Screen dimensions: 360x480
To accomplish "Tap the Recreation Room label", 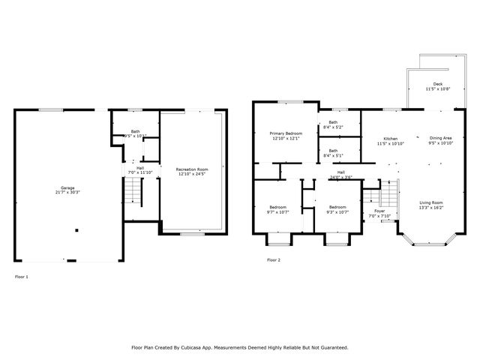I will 191,169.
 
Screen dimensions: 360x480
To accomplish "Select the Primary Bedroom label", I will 286,133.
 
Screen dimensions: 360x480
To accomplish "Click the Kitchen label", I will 391,139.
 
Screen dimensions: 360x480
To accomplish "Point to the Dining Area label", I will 440,138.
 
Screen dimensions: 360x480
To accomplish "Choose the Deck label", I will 436,84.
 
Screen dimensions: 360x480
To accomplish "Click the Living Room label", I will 430,202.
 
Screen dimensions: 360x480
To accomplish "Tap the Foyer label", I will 379,211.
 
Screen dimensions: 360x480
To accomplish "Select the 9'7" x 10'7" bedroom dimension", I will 277,212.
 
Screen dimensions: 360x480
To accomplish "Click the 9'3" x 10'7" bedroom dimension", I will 337,212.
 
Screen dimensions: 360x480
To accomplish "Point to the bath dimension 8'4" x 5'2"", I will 332,127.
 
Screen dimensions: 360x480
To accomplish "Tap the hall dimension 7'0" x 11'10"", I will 140,172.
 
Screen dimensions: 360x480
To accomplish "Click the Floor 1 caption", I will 22,277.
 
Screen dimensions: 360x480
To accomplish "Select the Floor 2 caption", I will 273,260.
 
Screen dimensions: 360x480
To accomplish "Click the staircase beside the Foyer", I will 373,199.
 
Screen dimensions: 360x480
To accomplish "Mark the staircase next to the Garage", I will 132,195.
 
